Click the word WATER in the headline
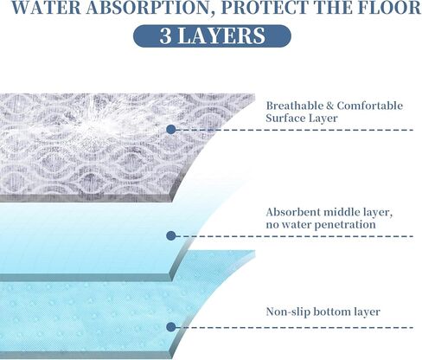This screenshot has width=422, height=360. (x=47, y=8)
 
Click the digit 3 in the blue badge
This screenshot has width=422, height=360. (x=165, y=36)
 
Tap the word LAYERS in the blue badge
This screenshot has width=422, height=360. (x=221, y=36)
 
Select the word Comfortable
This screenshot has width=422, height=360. (x=370, y=106)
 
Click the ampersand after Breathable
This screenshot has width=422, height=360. (x=329, y=106)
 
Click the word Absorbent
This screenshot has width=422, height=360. (x=292, y=212)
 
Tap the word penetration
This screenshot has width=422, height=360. (x=343, y=225)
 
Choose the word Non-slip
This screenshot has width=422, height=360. (x=288, y=312)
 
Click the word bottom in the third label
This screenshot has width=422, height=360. (x=331, y=312)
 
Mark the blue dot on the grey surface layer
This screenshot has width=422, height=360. (x=171, y=130)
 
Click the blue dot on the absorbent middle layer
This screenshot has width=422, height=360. (x=171, y=236)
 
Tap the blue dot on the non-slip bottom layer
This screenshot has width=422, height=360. (x=171, y=327)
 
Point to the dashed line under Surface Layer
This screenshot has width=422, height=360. (x=295, y=130)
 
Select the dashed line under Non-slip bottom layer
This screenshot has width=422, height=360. (x=295, y=328)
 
